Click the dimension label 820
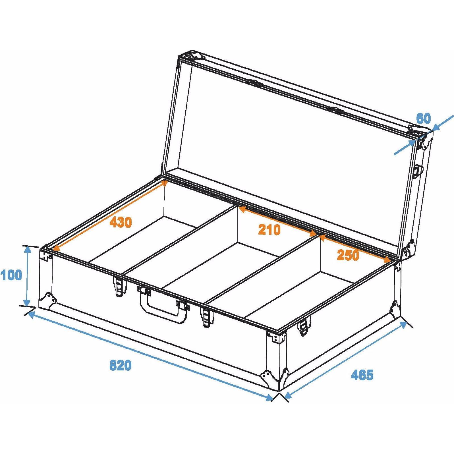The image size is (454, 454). tap(120, 365)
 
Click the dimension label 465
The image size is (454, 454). tap(362, 375)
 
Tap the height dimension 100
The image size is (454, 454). tap(11, 275)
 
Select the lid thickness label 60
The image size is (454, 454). tap(424, 119)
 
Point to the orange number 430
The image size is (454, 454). tap(121, 222)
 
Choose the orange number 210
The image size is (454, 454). tap(269, 229)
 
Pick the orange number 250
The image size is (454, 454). tap(348, 255)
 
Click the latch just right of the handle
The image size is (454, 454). tap(208, 317)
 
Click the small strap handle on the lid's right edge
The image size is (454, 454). tap(417, 171)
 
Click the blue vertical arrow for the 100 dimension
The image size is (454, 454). tap(27, 276)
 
